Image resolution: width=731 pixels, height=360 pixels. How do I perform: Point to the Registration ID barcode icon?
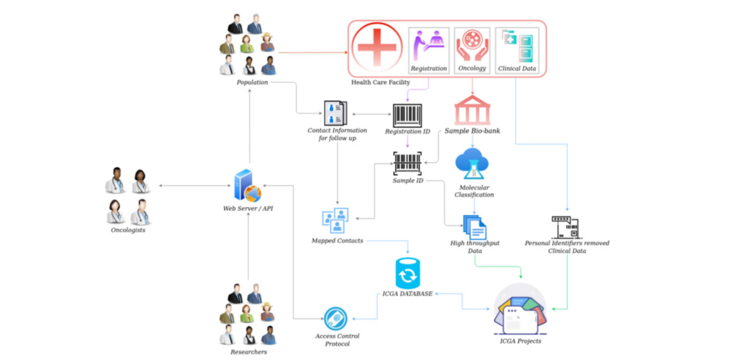pos(407,115)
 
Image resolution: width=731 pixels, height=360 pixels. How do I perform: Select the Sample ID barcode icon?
pos(408,164)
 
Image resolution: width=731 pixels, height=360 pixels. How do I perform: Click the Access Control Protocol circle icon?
pos(336,318)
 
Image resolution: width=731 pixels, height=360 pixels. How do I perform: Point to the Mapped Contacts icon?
pos(335,220)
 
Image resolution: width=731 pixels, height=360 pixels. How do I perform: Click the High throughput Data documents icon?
pos(475,226)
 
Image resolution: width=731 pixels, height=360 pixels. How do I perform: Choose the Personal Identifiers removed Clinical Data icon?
pos(566,225)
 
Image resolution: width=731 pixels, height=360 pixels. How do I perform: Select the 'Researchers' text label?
pos(248,351)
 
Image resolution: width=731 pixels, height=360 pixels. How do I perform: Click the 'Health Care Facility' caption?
pos(380,83)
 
